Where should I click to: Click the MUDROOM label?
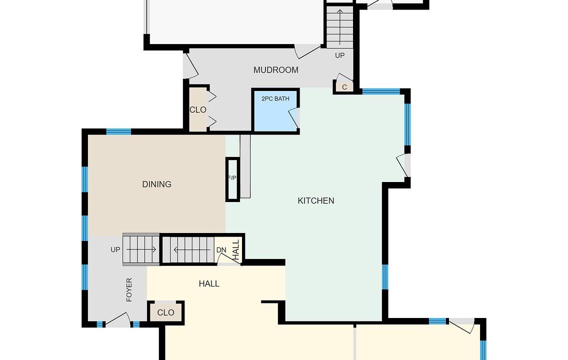[x=275, y=70]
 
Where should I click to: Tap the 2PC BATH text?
[x=275, y=98]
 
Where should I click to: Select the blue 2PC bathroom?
[x=275, y=110]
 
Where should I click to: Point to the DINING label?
[x=156, y=184]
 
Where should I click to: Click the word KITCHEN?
[x=316, y=200]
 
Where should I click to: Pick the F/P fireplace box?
[x=232, y=179]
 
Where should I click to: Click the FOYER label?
[x=129, y=289]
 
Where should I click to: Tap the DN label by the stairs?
[x=221, y=250]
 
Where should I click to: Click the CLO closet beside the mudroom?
[x=198, y=109]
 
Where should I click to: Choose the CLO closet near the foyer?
[x=166, y=312]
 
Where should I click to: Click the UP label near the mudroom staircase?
[x=339, y=55]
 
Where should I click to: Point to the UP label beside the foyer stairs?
[x=115, y=249]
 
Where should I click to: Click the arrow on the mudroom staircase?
[x=340, y=27]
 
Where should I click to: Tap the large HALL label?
[x=209, y=283]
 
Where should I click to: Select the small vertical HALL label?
[x=236, y=249]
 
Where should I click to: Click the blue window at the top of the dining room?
[x=118, y=131]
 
